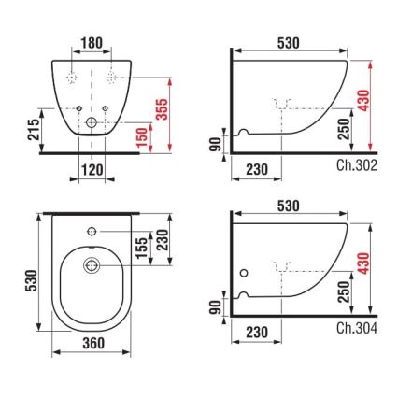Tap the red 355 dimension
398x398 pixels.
pyautogui.click(x=162, y=109)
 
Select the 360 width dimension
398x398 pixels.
pyautogui.click(x=93, y=343)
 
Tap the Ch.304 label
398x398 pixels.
pyautogui.click(x=357, y=328)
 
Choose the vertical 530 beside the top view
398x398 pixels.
pyautogui.click(x=32, y=278)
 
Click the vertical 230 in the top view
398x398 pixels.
pyautogui.click(x=162, y=239)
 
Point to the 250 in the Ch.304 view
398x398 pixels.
pyautogui.click(x=344, y=291)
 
